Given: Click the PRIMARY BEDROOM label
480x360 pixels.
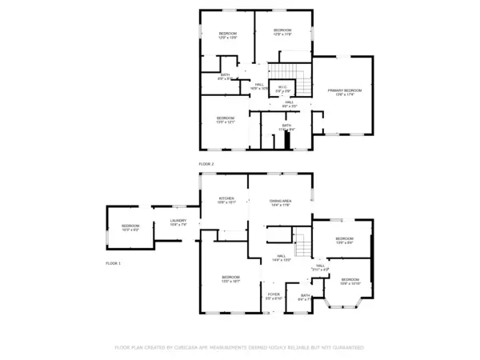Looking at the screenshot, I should [x=345, y=91].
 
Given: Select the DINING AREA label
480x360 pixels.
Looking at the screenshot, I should [x=280, y=201].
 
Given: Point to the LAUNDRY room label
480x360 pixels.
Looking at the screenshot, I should [x=178, y=222].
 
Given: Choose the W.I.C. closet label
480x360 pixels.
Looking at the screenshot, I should [x=283, y=87].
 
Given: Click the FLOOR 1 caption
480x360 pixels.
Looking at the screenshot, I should [x=113, y=262].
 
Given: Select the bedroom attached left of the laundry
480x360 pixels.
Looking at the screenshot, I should [x=130, y=226].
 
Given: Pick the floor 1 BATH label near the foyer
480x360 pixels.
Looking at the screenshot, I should [x=305, y=297].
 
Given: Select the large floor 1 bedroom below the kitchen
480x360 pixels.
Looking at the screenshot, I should [x=230, y=278].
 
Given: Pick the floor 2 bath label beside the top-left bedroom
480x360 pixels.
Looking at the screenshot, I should [x=225, y=76].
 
